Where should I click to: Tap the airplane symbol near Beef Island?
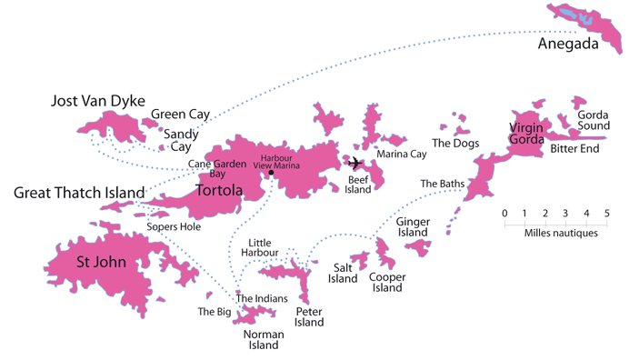354,164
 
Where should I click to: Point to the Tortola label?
219,190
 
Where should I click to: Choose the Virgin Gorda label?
526,134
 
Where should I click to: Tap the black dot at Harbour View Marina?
271,173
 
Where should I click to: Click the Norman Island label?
264,340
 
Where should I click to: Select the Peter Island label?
309,316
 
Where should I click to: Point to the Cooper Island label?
386,282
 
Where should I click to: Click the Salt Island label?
343,273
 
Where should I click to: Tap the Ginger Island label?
413,227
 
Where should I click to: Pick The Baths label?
443,184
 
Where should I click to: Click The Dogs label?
455,143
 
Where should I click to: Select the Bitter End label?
574,148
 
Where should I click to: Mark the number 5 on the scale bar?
606,214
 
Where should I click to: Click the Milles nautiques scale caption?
561,233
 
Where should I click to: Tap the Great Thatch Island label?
79,193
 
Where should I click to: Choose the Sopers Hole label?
174,226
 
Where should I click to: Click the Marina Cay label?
401,155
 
